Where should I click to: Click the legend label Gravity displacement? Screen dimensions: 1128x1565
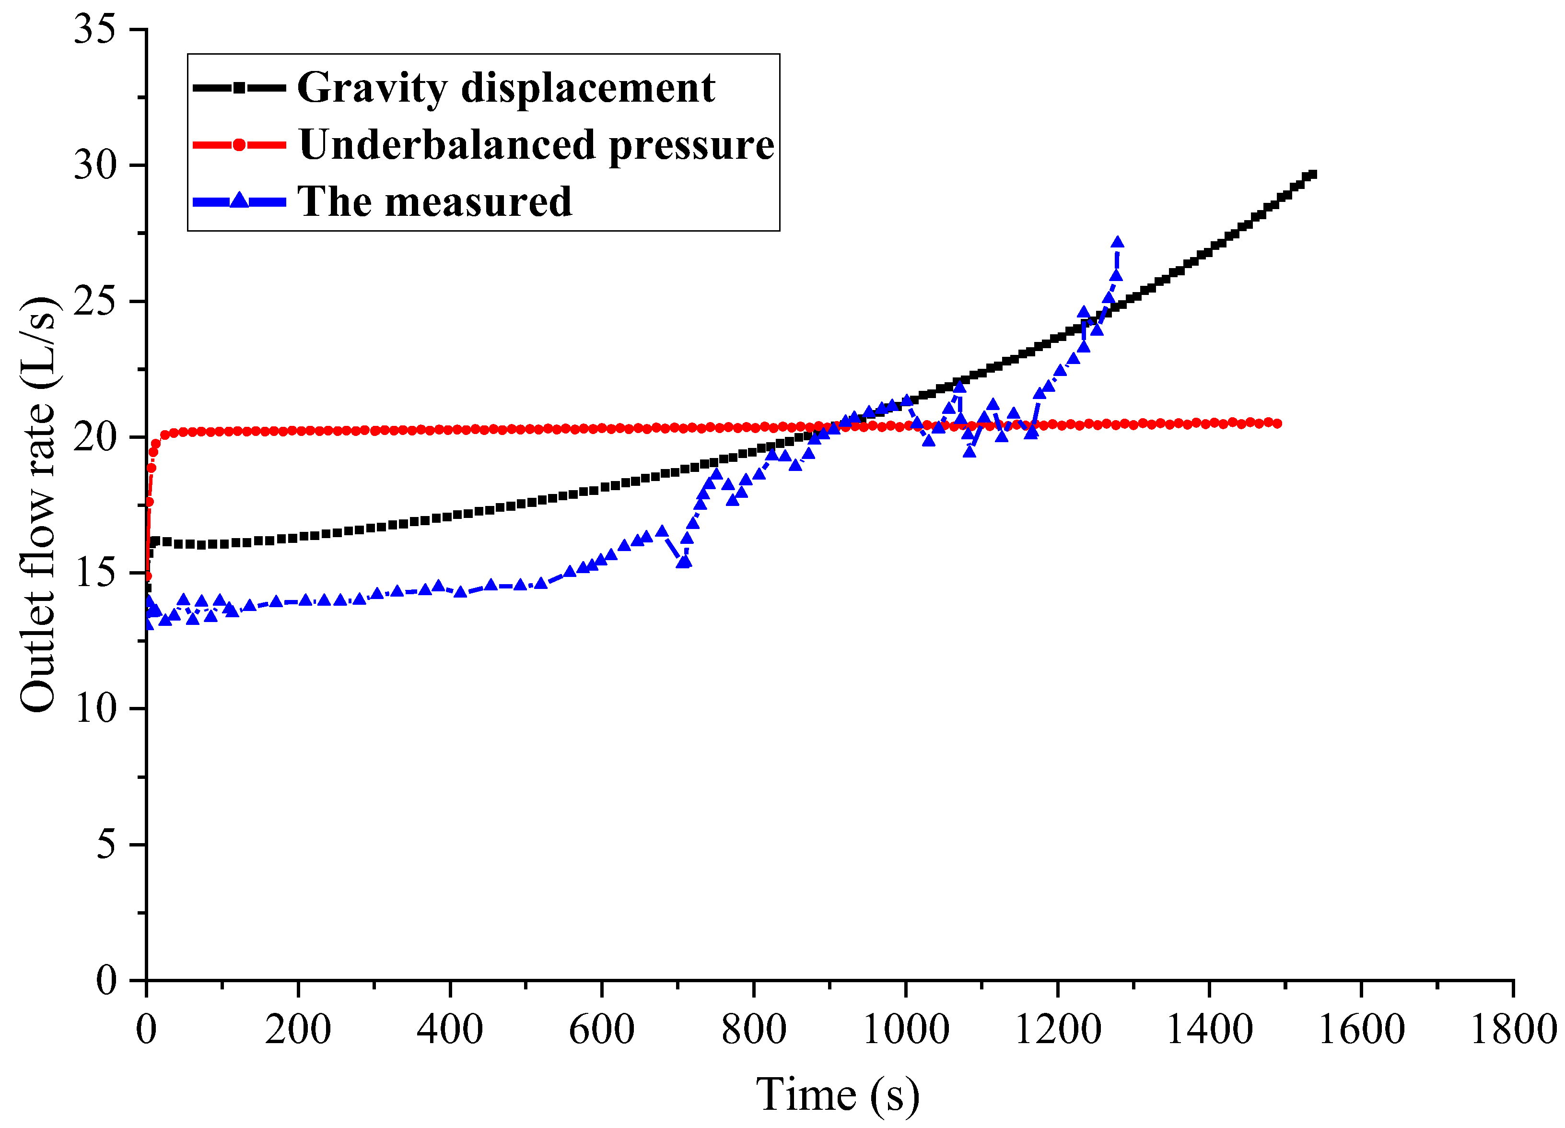pos(506,88)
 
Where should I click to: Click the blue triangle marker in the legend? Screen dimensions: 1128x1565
pos(239,201)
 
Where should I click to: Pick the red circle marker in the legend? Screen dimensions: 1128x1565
pos(239,145)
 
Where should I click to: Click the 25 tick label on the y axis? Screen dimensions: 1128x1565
pos(95,302)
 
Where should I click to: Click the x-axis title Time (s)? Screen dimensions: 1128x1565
pos(838,1095)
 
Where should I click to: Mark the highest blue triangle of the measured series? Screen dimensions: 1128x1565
pos(1117,242)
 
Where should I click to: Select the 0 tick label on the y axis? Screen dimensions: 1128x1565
pos(105,980)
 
